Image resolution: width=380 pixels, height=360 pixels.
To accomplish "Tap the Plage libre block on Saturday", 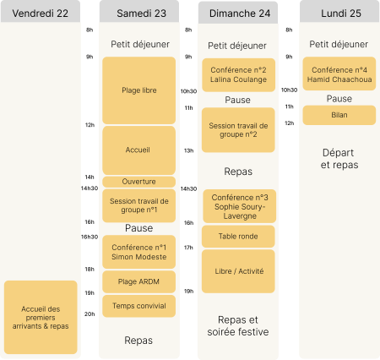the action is pos(139,90).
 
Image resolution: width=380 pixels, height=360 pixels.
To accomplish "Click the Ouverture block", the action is pos(139,182).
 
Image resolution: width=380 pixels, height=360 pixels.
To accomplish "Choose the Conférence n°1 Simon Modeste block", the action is pos(139,252).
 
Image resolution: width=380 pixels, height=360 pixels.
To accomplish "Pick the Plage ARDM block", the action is pos(139,281).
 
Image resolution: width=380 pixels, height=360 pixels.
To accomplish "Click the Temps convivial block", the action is pos(139,306).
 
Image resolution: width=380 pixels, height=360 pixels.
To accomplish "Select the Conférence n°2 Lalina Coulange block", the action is pos(238,75).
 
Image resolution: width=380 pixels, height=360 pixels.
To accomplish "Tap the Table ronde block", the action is pos(238,237).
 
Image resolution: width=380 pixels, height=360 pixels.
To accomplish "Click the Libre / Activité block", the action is pos(238,271).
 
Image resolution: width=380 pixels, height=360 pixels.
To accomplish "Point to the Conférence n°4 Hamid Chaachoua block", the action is pos(339,74).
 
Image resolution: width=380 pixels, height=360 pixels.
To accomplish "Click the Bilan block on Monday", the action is pos(339,115).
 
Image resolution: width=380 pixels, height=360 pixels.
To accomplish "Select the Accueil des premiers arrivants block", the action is pos(41,317).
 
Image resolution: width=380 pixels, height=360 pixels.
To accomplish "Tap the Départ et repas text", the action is pos(339,159).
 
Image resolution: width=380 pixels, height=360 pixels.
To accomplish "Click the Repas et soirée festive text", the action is pos(238,326).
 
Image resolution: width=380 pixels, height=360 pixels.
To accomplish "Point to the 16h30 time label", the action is pos(90,237).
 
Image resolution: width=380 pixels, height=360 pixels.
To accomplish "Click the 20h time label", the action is pos(90,314).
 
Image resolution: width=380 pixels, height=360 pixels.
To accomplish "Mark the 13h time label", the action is pos(188,150).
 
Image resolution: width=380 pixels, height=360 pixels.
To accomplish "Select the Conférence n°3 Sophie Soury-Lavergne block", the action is pos(240,206).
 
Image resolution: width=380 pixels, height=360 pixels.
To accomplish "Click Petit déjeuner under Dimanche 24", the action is pos(237,46).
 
